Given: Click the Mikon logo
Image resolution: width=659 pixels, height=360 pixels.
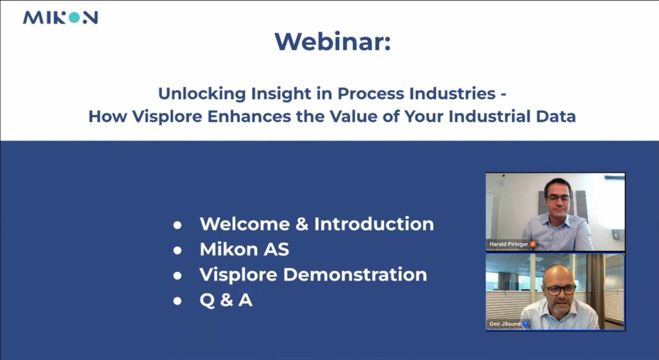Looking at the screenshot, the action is tap(60, 18).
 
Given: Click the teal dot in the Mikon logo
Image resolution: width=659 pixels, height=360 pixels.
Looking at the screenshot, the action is tap(74, 18).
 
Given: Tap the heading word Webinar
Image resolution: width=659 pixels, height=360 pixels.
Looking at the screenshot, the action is tap(333, 42).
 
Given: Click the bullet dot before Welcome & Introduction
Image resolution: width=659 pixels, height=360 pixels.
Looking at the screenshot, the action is tap(177, 225).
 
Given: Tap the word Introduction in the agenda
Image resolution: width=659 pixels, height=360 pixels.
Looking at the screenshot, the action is tap(374, 224).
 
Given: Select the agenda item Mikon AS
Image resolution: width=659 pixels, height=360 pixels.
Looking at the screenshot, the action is tap(244, 249).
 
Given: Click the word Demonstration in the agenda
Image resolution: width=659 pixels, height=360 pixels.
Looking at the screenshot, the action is tap(355, 274).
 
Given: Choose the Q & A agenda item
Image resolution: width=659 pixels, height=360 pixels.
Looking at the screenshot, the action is tap(226, 300).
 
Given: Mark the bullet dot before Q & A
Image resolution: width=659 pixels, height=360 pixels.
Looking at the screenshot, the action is tap(177, 301).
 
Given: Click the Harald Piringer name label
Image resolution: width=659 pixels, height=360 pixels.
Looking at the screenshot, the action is tap(509, 244).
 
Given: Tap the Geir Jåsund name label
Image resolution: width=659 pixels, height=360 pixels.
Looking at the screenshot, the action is tap(505, 324).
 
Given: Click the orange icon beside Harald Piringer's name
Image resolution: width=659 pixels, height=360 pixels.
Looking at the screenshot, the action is tap(532, 244).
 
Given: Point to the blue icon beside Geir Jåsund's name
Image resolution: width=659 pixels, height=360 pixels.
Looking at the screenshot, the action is tap(525, 324).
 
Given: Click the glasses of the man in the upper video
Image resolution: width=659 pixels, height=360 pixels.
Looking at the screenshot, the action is tap(558, 198).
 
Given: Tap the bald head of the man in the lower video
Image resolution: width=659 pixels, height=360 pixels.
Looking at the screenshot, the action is tap(558, 274).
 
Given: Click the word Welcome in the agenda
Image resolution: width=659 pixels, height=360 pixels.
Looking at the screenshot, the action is tap(244, 224).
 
